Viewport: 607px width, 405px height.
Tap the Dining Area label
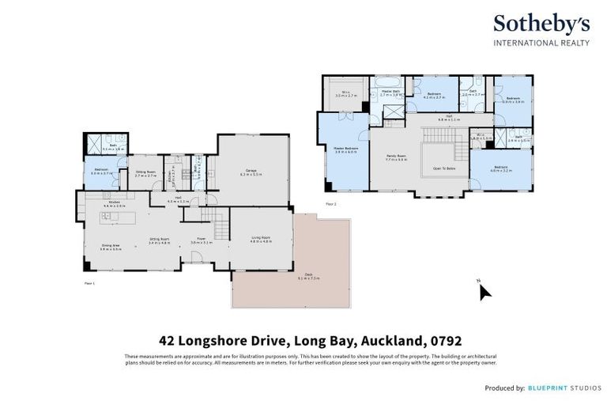110,246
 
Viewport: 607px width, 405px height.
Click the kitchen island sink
105,216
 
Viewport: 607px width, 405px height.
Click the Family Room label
395,157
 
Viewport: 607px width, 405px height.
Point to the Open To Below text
443,168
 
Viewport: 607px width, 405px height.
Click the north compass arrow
484,292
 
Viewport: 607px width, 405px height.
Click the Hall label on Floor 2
444,117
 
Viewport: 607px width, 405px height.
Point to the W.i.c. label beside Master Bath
345,93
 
